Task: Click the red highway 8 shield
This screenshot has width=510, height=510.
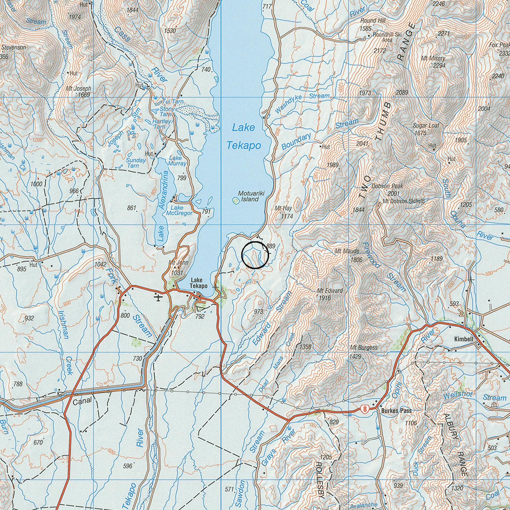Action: click(x=365, y=409)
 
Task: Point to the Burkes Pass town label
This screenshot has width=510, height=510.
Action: click(x=396, y=411)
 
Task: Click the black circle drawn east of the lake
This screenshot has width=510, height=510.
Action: click(x=255, y=255)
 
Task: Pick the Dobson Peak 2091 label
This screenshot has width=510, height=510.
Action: click(x=387, y=190)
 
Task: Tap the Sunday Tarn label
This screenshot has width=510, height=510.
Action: click(x=136, y=163)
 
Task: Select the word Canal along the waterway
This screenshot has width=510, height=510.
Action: click(x=82, y=401)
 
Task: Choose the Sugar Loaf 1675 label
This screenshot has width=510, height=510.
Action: click(x=426, y=129)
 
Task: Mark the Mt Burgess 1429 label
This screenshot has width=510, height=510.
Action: click(x=363, y=352)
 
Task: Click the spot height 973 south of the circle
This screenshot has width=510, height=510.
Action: click(x=258, y=312)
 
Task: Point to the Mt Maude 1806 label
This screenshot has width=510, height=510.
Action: click(x=347, y=255)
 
